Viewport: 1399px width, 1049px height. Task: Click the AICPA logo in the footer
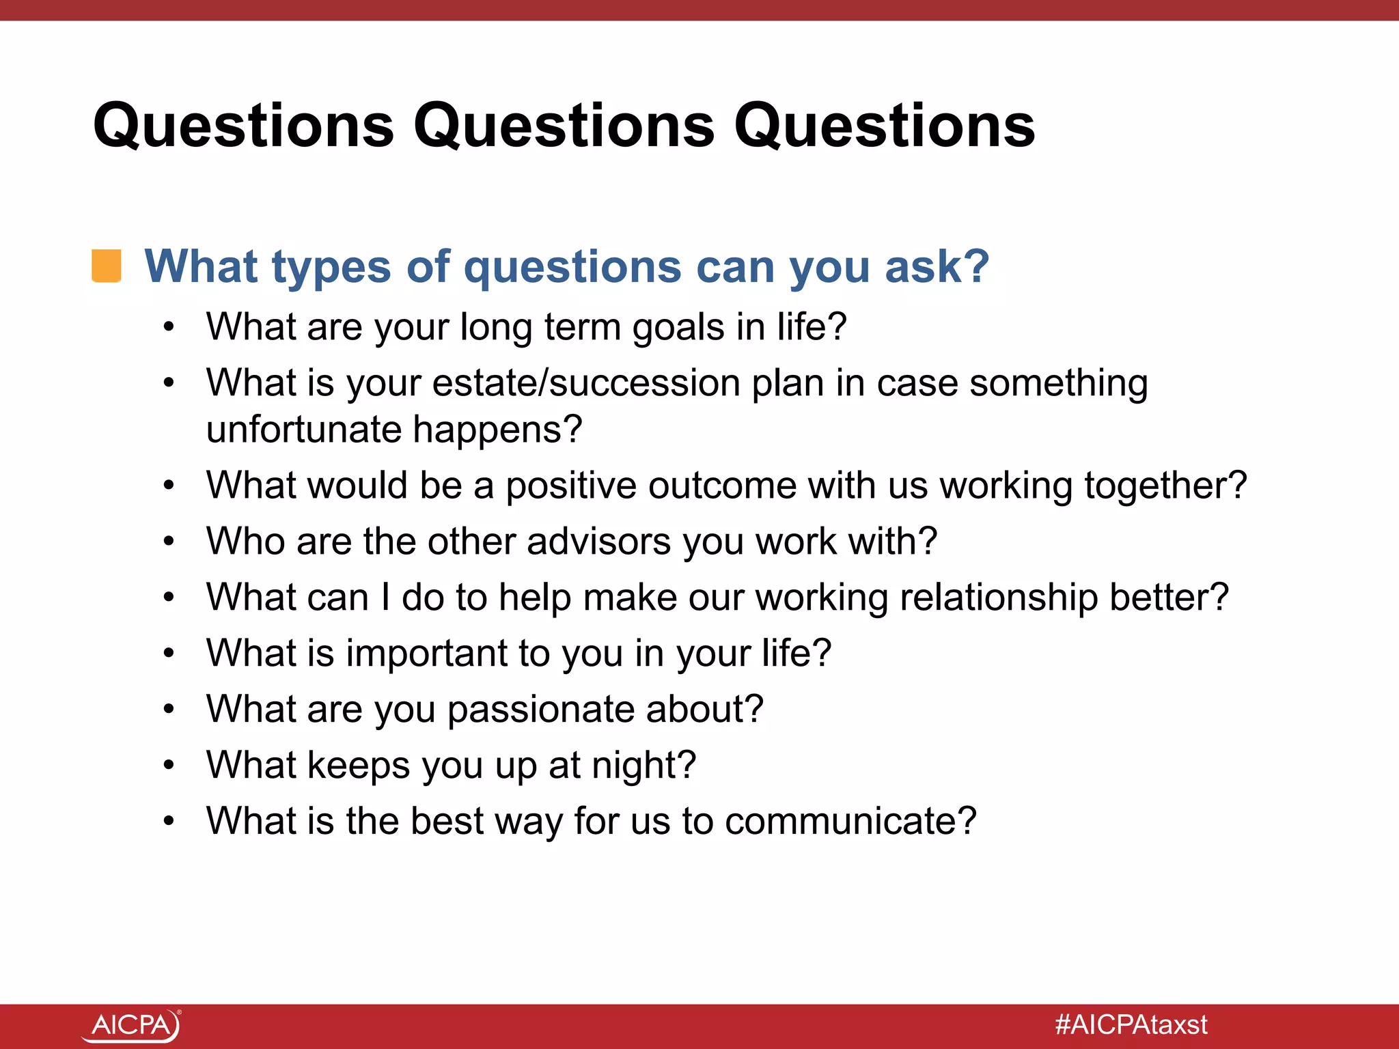pos(131,1025)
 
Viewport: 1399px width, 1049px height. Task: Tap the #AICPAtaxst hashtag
pos(1131,1025)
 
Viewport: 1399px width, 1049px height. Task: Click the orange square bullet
pos(107,266)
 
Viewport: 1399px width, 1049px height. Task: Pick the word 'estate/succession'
pos(586,383)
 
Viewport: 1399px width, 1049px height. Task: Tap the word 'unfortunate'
pos(304,430)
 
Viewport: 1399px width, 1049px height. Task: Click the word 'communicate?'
pos(850,821)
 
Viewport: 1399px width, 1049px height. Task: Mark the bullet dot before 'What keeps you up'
pos(169,765)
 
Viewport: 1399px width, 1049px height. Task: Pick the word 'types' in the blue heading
pos(331,266)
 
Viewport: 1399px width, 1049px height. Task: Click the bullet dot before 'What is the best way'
pos(169,821)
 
